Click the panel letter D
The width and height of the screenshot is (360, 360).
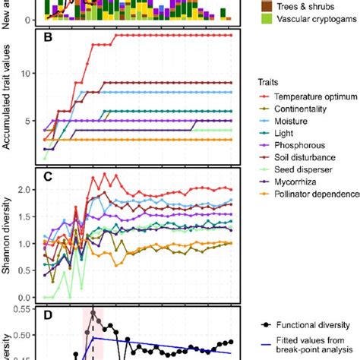coord(48,311)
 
